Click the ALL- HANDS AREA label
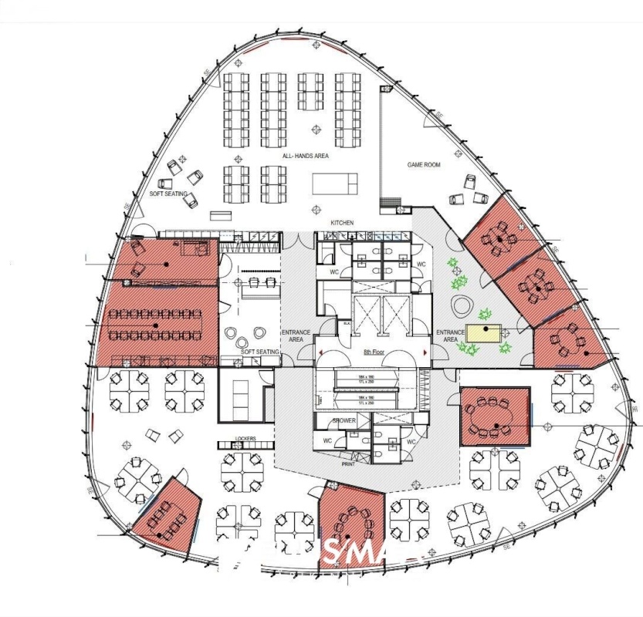coord(305,156)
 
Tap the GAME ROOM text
coord(424,165)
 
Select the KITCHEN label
coord(342,223)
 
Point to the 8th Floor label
coord(373,352)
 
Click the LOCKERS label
coord(246,440)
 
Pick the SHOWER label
coord(343,421)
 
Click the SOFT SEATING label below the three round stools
coord(260,352)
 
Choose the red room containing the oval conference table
coord(496,416)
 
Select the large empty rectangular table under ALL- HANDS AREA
coord(335,184)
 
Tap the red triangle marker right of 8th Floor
coord(425,352)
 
